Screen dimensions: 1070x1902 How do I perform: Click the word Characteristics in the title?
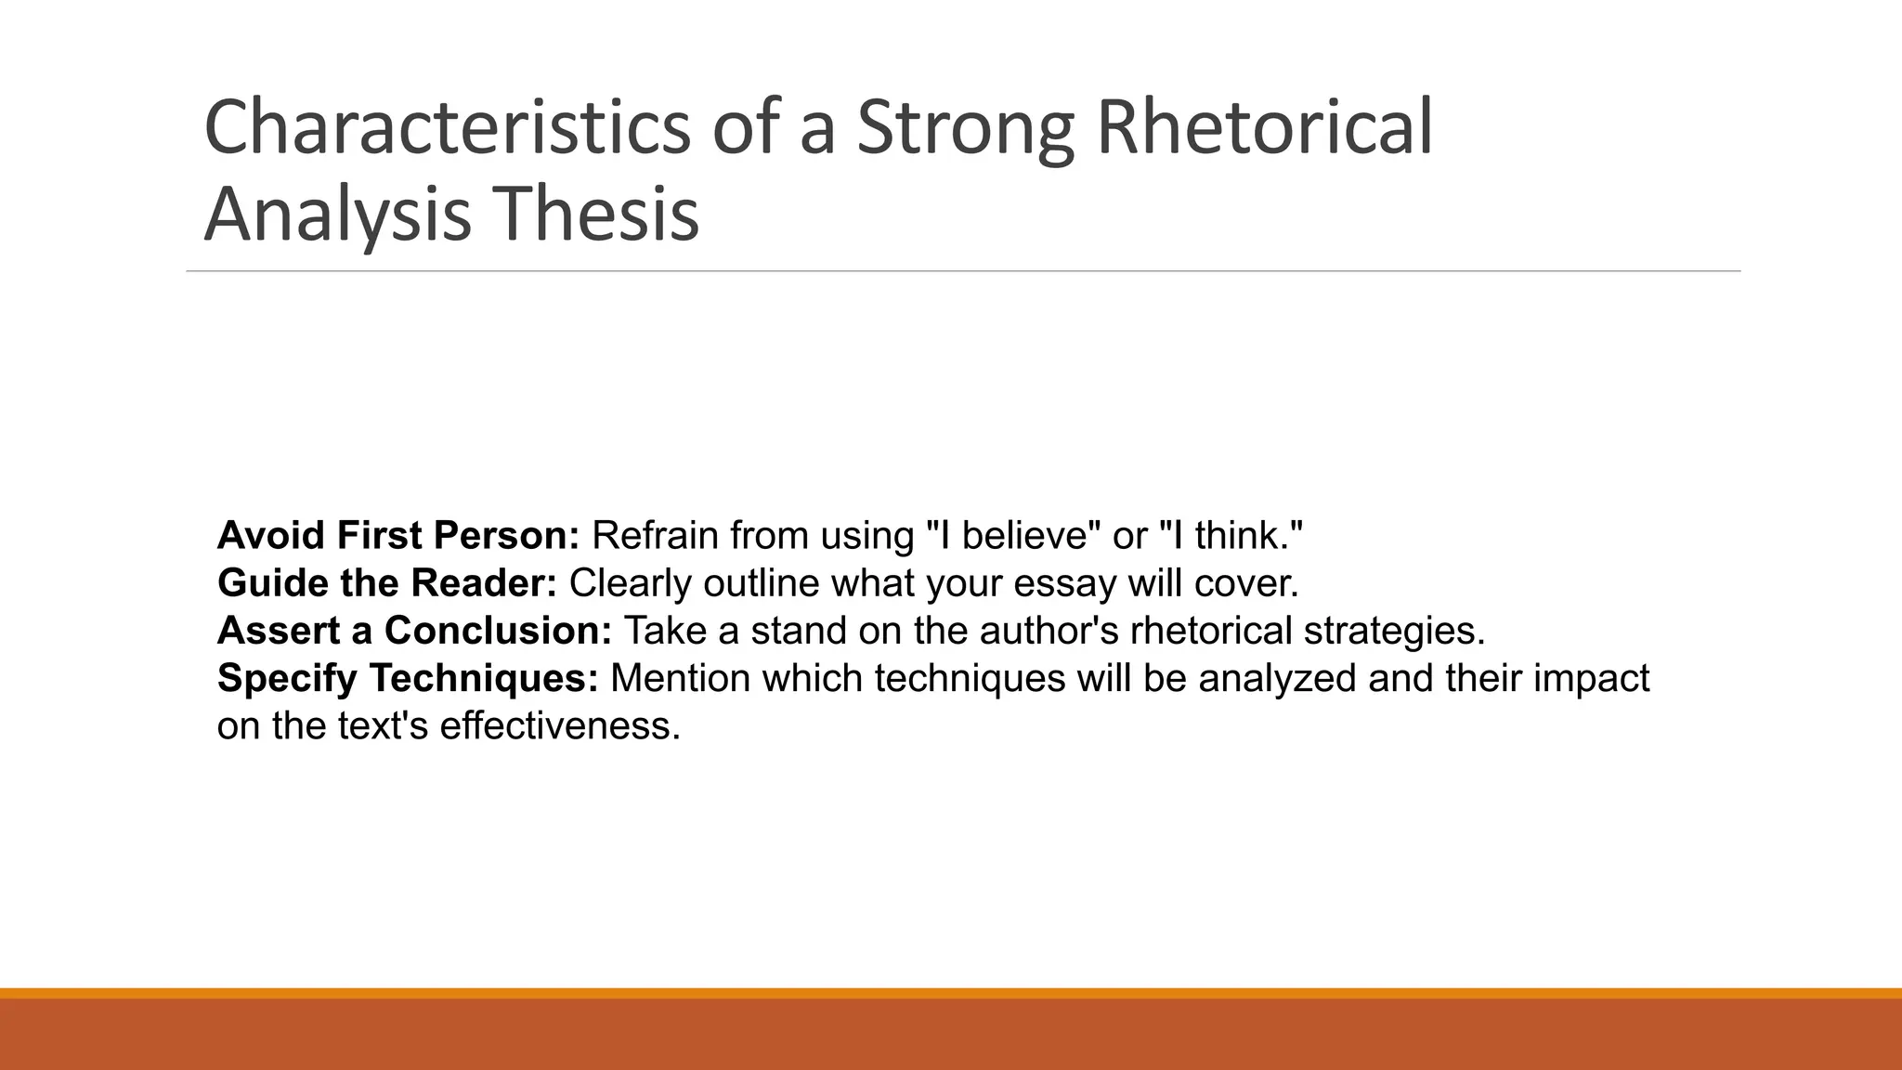tap(447, 127)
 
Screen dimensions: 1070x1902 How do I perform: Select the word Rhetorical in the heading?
tap(1264, 127)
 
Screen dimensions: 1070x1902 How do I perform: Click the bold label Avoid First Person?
tap(398, 536)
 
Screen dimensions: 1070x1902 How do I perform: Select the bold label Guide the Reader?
tap(387, 583)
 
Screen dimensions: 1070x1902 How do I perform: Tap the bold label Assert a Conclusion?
tap(414, 631)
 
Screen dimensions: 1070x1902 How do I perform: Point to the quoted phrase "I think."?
tap(1231, 536)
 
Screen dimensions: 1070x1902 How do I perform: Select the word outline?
tap(762, 583)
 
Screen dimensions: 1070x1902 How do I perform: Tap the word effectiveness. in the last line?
tap(560, 725)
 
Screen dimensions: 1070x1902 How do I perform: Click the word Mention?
tap(680, 678)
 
